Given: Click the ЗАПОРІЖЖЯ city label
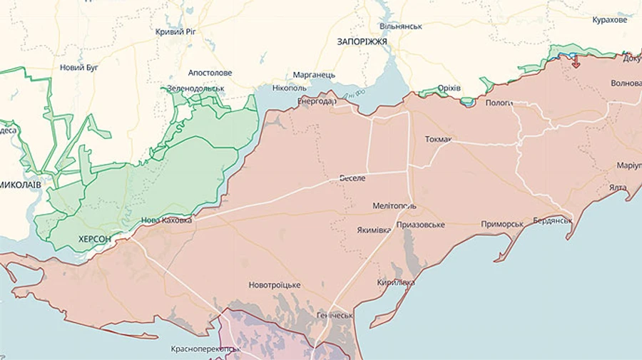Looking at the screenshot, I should [x=362, y=42].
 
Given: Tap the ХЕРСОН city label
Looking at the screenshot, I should [x=95, y=239].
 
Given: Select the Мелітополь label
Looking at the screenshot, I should [x=394, y=206].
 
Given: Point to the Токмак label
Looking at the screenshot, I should [x=438, y=139].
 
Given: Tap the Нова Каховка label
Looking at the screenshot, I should [x=166, y=221].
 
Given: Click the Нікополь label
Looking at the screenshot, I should [x=290, y=88].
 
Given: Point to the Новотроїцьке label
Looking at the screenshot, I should [x=275, y=285].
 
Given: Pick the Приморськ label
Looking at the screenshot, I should [x=502, y=224].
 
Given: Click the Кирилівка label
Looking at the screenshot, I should [x=396, y=283].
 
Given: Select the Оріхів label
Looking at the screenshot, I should [x=449, y=88].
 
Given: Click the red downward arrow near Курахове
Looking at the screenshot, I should [x=575, y=63].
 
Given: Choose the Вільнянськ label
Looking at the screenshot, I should [x=401, y=26].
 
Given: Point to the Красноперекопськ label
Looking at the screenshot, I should [x=205, y=349].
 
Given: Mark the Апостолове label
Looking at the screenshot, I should [x=210, y=73].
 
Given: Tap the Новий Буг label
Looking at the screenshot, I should [x=80, y=68].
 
